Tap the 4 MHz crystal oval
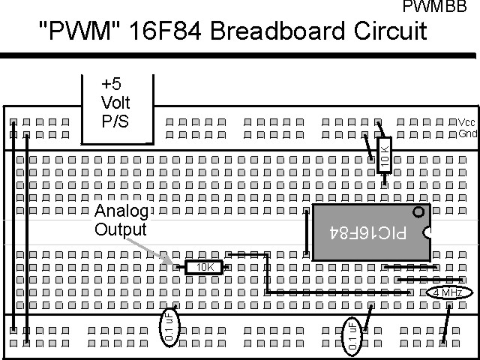448,292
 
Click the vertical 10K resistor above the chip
385,154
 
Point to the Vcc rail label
466,122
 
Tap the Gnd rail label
466,134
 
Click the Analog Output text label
122,220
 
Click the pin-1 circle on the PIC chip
418,212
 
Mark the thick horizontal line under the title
240,55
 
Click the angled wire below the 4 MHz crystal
446,322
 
